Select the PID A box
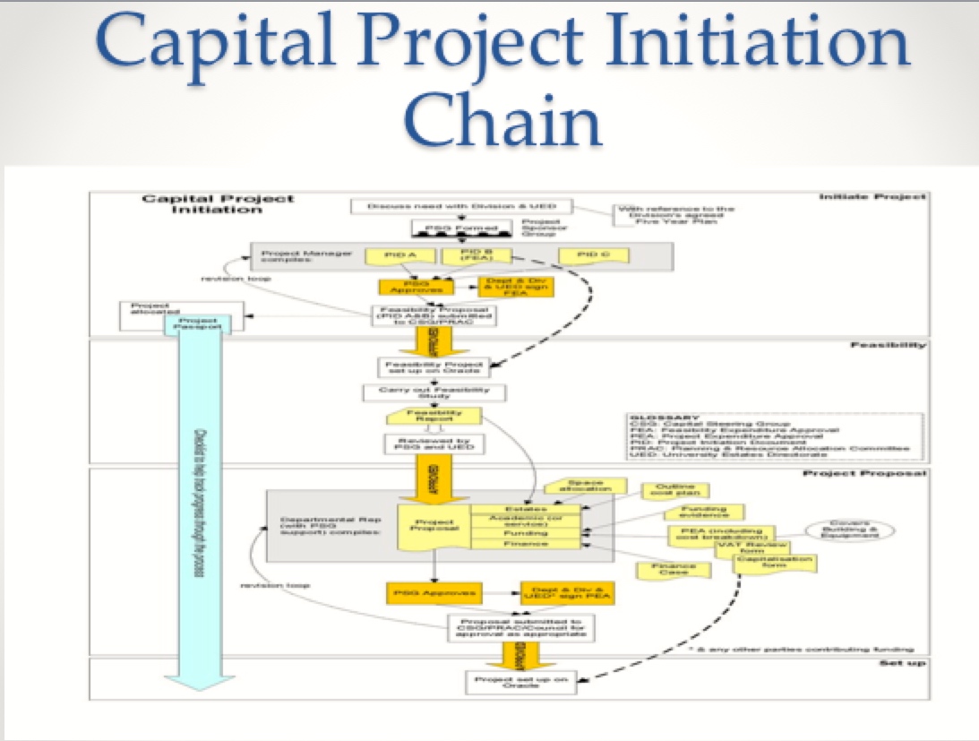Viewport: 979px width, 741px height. (394, 256)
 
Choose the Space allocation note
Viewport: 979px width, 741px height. (584, 487)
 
